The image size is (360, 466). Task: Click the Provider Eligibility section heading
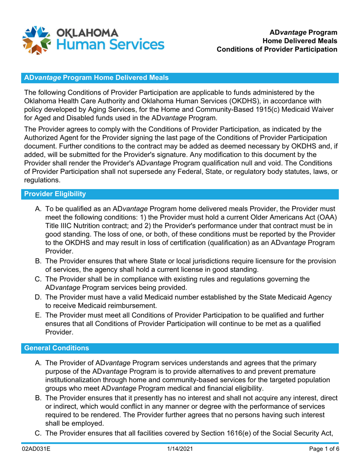pos(55,194)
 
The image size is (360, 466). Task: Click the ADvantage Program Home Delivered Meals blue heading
pos(96,78)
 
